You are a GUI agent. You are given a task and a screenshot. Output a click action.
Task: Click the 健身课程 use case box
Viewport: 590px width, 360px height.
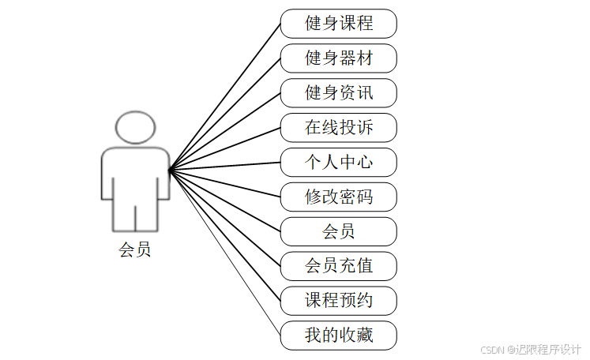[339, 24]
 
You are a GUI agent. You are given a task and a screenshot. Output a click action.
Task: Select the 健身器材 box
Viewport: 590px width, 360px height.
[339, 58]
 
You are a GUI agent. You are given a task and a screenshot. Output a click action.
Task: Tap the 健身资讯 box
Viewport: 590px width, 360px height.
[339, 93]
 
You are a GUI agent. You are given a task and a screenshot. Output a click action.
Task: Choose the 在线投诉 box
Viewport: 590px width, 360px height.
[339, 127]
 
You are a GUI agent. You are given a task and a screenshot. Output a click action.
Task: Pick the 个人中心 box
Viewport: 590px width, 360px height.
[339, 162]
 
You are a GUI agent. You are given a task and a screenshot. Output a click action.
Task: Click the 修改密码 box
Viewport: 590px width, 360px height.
[339, 197]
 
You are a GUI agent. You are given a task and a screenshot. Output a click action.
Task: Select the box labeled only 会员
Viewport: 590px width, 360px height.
[339, 231]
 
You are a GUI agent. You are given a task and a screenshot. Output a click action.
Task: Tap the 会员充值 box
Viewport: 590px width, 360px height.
[339, 266]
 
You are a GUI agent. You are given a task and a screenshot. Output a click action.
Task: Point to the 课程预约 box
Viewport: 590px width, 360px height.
[339, 301]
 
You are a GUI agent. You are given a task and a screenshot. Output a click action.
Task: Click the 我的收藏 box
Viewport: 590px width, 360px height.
[339, 336]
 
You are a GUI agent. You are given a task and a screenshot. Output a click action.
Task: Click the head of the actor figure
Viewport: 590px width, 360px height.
[134, 128]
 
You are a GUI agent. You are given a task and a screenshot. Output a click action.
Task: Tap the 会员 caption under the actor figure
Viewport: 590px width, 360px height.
[134, 251]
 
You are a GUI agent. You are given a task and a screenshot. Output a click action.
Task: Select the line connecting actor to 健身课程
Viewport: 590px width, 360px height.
[225, 96]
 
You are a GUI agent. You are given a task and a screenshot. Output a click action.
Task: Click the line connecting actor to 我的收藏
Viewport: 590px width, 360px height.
[225, 251]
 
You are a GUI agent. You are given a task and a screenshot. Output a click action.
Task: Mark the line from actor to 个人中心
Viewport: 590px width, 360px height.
[225, 166]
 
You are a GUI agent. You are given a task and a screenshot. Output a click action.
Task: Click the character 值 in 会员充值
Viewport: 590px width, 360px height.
[364, 266]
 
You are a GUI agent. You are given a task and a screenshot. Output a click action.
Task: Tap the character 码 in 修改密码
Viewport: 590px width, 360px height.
[364, 197]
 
